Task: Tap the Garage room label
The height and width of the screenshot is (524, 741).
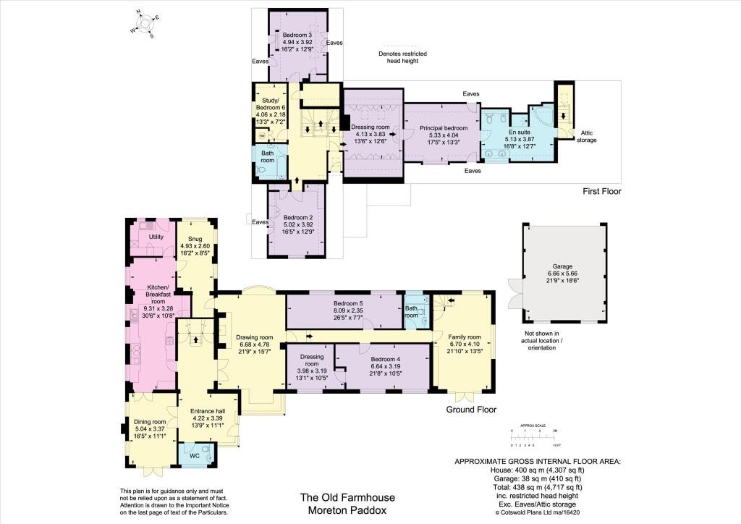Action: (x=562, y=266)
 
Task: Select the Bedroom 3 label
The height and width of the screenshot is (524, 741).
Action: (x=297, y=35)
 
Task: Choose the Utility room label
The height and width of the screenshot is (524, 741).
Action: (x=156, y=237)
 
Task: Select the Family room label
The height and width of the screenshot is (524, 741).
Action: (x=465, y=337)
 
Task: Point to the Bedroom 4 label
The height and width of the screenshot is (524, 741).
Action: (x=385, y=359)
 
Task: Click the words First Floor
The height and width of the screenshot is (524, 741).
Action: (x=601, y=192)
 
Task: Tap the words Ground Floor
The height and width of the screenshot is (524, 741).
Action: (x=471, y=410)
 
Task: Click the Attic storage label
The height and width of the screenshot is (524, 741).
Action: (x=587, y=136)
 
